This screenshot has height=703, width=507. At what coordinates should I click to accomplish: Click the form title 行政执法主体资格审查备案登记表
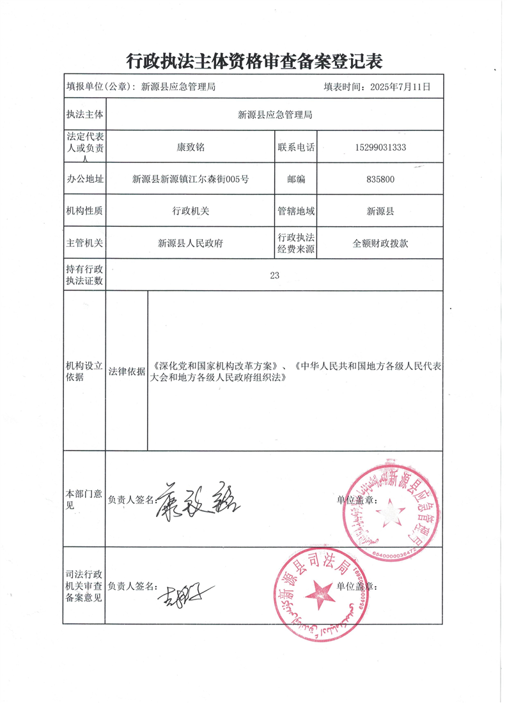pyautogui.click(x=254, y=61)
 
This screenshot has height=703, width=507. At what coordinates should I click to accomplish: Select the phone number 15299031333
pyautogui.click(x=380, y=147)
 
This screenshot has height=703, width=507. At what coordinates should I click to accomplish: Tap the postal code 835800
pyautogui.click(x=380, y=180)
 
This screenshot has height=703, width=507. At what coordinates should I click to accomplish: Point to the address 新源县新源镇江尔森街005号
pyautogui.click(x=191, y=180)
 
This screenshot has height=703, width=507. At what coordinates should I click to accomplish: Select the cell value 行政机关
pyautogui.click(x=191, y=211)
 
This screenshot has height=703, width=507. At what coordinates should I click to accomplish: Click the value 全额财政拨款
pyautogui.click(x=380, y=243)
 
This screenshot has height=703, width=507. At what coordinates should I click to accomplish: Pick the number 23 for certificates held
pyautogui.click(x=275, y=275)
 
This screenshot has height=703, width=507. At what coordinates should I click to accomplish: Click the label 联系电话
pyautogui.click(x=296, y=147)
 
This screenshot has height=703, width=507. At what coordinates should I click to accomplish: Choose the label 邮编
pyautogui.click(x=296, y=180)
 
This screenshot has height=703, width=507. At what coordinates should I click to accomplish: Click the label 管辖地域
pyautogui.click(x=296, y=211)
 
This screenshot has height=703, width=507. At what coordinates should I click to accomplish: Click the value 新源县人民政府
pyautogui.click(x=191, y=243)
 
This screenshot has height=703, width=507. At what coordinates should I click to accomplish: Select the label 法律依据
pyautogui.click(x=127, y=371)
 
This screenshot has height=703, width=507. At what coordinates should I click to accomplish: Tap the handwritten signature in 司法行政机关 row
pyautogui.click(x=185, y=595)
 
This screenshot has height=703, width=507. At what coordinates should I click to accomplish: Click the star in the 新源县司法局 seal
pyautogui.click(x=318, y=594)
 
